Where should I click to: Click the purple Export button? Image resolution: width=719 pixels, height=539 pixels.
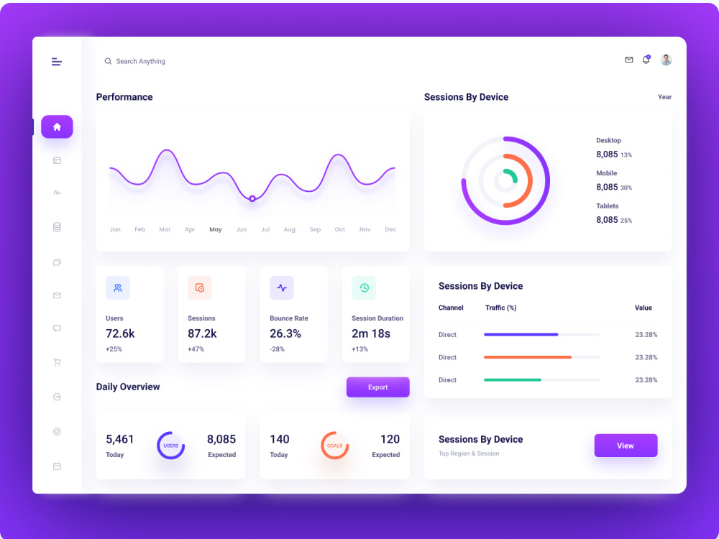[x=378, y=387]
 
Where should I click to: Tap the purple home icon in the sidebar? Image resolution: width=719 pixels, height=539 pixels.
[x=57, y=127]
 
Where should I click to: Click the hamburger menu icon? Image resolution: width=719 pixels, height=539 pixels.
[x=56, y=62]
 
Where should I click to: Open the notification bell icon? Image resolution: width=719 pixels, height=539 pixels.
[x=646, y=60]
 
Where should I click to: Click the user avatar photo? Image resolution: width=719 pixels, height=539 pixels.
[x=667, y=60]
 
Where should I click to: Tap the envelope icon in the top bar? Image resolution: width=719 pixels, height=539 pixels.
[x=629, y=60]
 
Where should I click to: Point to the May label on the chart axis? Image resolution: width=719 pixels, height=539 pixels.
[x=216, y=229]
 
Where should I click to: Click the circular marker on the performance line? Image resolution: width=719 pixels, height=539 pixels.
[x=252, y=198]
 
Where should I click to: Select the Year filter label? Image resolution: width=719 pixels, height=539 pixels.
[x=664, y=97]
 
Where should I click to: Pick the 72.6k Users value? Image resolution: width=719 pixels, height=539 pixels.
[x=120, y=333]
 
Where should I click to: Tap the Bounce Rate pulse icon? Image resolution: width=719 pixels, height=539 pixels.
[x=282, y=288]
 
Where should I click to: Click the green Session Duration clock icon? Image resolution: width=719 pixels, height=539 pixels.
[x=364, y=288]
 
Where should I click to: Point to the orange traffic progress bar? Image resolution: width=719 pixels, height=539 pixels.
[x=528, y=357]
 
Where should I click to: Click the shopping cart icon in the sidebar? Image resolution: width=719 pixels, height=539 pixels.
[x=57, y=362]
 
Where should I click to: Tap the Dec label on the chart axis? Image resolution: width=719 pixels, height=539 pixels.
[x=390, y=229]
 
